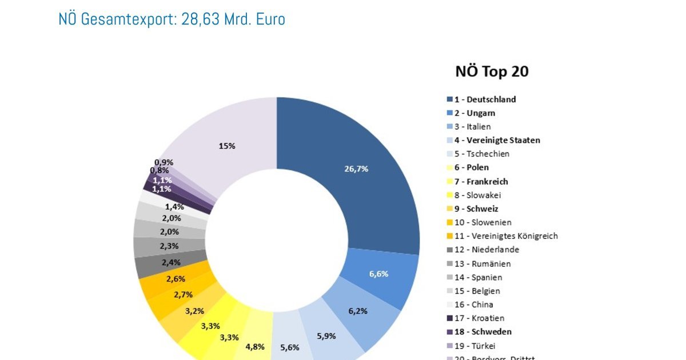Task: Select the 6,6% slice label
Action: pos(378,274)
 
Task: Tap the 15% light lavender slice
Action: pos(227,146)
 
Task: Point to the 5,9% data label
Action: pos(326,336)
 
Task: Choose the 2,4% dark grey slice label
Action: pos(171,263)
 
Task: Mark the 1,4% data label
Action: pos(174,207)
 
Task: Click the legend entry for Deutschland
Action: pos(485,99)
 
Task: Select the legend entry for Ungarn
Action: pos(474,113)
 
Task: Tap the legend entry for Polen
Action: pos(472,167)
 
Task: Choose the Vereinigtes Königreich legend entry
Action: pos(506,236)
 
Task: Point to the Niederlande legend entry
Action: pos(486,250)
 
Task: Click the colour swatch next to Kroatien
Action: pos(450,318)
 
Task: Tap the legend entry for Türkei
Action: pos(474,346)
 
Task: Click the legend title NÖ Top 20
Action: pos(492,71)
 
